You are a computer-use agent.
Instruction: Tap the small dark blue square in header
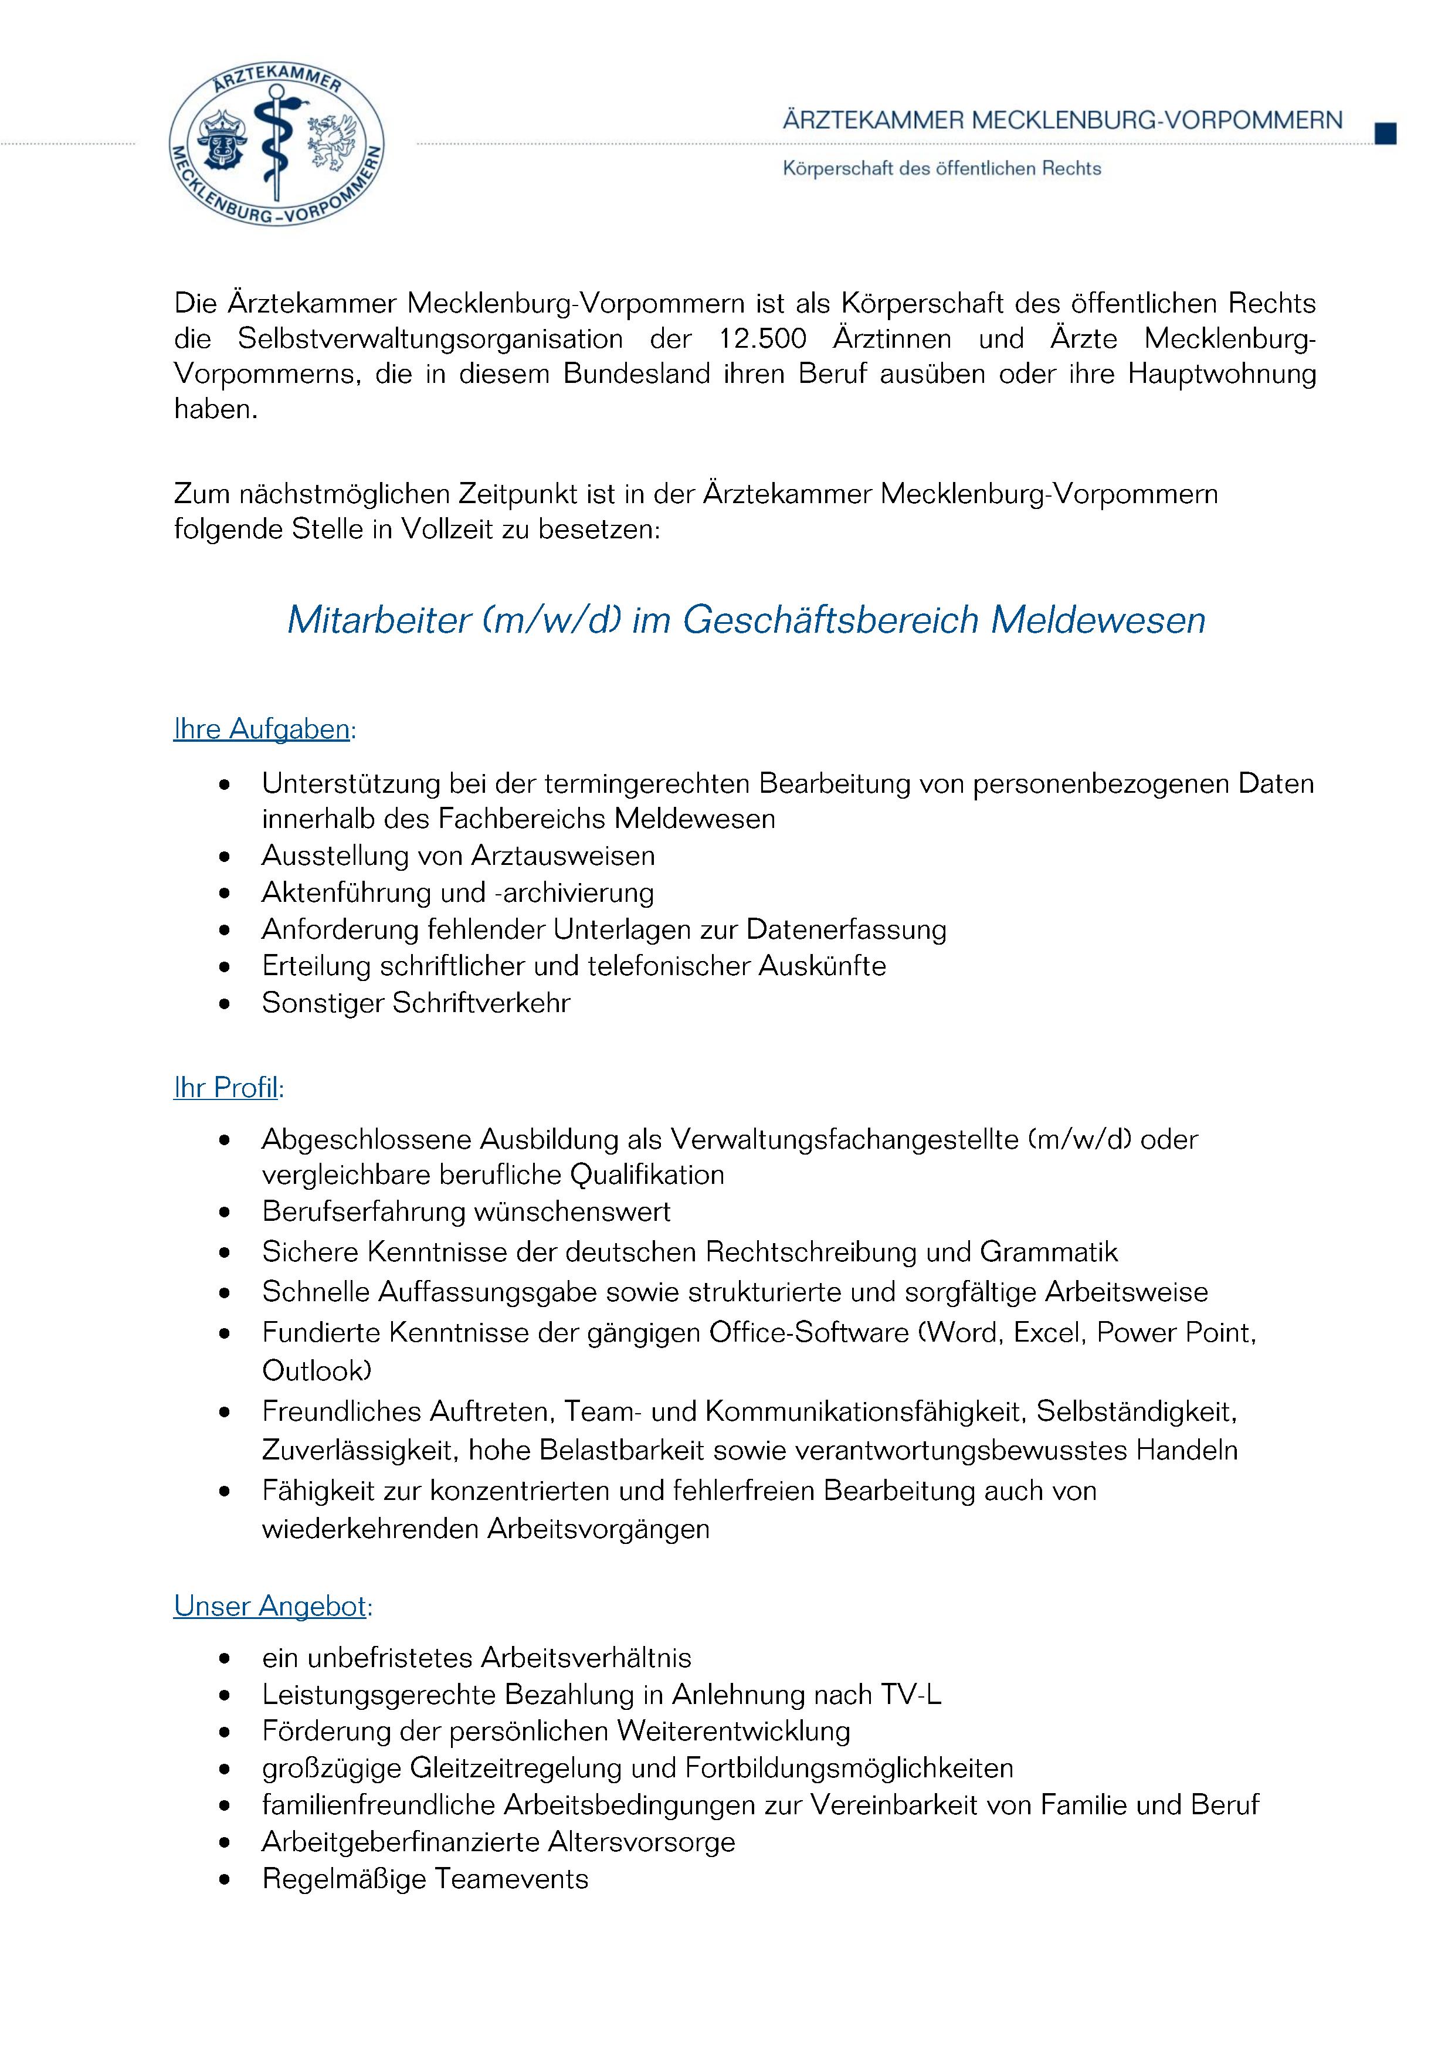[1385, 134]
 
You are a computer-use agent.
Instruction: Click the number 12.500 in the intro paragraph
[762, 340]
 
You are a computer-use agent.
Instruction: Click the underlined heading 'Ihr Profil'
[226, 1088]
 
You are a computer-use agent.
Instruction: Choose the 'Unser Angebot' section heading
[270, 1605]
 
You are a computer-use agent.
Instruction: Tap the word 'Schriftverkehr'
[480, 1003]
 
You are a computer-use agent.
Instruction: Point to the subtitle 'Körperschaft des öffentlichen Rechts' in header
[942, 168]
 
